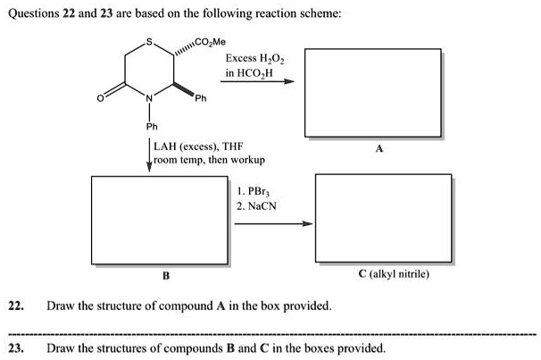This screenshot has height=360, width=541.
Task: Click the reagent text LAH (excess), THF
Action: coord(193,147)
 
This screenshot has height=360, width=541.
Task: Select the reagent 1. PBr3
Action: coord(254,191)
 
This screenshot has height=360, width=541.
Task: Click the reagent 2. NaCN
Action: coord(257,205)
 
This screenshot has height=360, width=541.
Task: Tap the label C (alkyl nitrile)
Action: coord(394,273)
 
